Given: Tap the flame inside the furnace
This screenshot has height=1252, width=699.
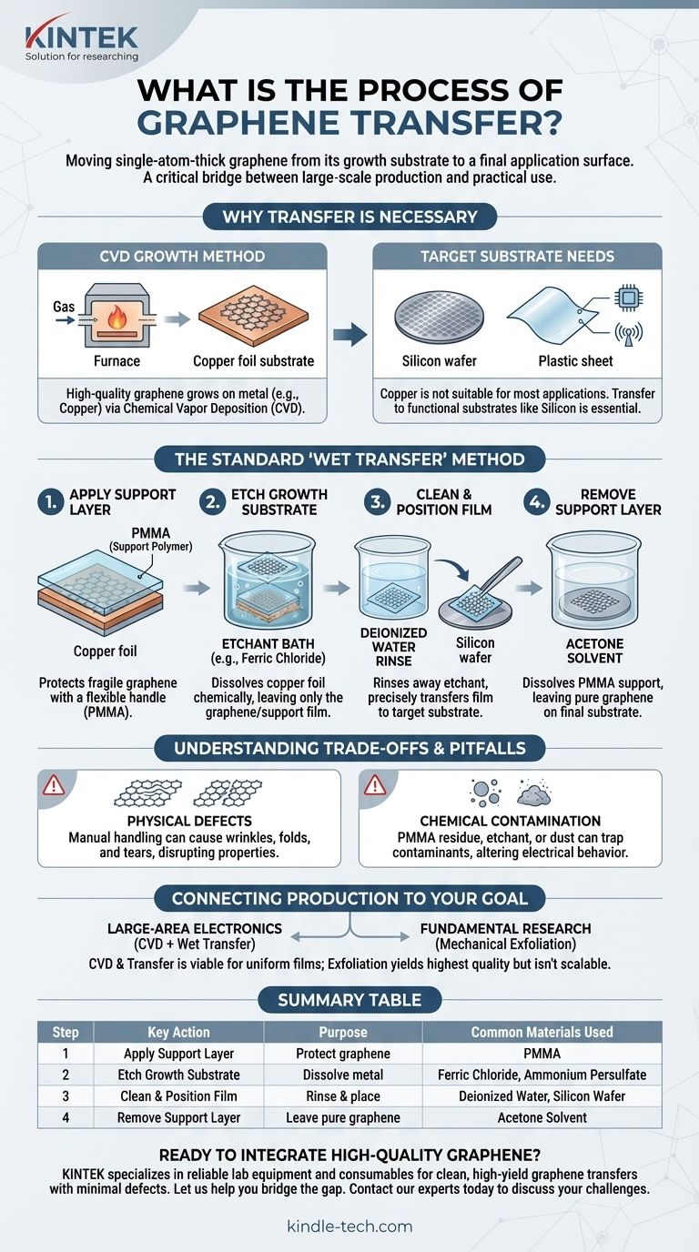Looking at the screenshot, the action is pos(116,319).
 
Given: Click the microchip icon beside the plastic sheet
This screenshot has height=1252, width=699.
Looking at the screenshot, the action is pos(629,297).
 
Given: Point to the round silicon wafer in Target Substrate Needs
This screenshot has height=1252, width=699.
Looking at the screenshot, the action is pos(439,317).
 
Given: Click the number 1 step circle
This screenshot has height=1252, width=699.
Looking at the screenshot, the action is pos(50,502).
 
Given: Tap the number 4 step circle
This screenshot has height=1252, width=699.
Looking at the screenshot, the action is pos(537,502).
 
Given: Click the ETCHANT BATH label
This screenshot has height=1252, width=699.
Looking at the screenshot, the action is pos(268,643).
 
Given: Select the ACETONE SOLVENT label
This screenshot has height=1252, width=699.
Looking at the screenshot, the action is pos(594,651).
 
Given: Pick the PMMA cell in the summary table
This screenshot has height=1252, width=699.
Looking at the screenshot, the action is pos(542,1054).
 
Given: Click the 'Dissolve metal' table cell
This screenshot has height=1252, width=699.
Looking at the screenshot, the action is pos(343,1075).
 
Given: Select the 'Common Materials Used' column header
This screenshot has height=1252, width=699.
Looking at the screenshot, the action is pos(542,1032).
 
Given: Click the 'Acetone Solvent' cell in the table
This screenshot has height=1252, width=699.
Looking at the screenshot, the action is pos(542,1118).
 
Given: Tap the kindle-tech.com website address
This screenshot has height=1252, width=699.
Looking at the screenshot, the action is pos(349,1227).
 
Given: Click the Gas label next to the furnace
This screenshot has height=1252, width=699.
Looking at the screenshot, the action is pos(64,307).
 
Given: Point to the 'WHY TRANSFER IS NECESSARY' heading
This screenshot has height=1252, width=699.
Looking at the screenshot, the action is pos(349,217).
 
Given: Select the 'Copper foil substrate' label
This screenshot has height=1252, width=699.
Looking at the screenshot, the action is pos(253,361).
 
